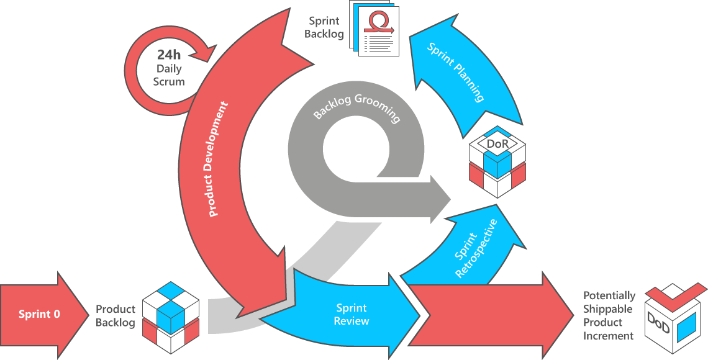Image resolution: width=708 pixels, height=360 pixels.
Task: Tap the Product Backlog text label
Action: [116, 316]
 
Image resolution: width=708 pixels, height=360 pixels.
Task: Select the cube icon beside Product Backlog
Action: [170, 317]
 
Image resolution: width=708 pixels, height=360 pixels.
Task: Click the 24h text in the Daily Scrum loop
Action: [168, 55]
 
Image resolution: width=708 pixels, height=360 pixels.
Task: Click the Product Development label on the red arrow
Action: [219, 160]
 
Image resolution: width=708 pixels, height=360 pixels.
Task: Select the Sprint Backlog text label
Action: [324, 28]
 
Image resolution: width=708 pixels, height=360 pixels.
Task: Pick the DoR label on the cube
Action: [498, 145]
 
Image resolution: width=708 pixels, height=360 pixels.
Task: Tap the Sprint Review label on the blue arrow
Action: [352, 314]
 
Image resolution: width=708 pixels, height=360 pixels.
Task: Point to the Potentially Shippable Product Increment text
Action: [609, 316]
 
